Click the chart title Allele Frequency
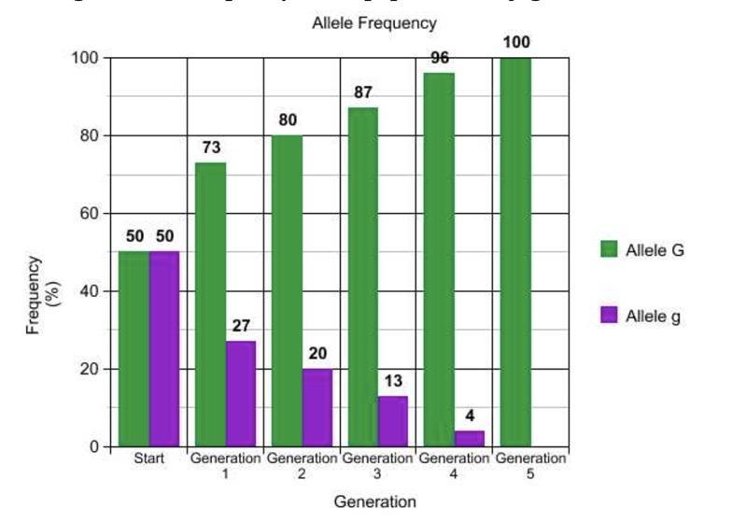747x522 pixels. [x=373, y=22]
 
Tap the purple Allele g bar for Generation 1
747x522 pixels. [x=240, y=393]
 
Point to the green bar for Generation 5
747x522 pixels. [x=515, y=252]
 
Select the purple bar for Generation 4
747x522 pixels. [x=470, y=438]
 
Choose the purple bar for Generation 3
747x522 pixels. [x=393, y=420]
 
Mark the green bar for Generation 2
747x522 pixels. [x=287, y=290]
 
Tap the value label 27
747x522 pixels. [x=240, y=326]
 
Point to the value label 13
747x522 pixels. [x=393, y=380]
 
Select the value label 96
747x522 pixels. [x=440, y=57]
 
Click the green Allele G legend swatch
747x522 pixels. [x=610, y=249]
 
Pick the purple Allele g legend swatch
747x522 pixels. [x=610, y=316]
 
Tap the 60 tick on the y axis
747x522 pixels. [x=89, y=213]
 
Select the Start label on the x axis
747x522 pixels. [x=148, y=459]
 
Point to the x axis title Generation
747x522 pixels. [x=374, y=501]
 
